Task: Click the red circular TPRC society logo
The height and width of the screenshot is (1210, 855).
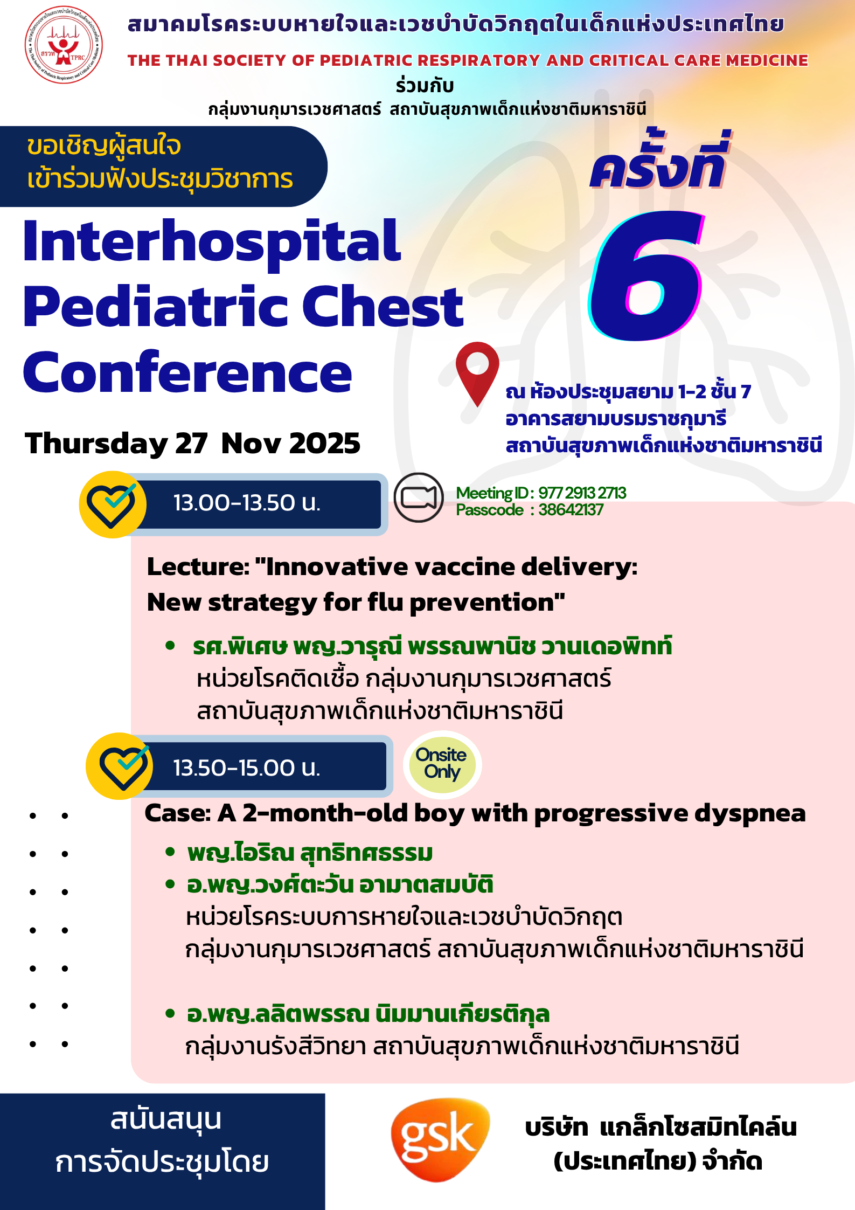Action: pyautogui.click(x=64, y=45)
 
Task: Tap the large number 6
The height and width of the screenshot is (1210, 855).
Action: pyautogui.click(x=647, y=276)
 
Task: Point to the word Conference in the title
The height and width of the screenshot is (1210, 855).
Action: pyautogui.click(x=187, y=373)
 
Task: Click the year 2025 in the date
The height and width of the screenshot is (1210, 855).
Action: pyautogui.click(x=325, y=444)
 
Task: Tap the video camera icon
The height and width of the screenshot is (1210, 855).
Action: pyautogui.click(x=419, y=497)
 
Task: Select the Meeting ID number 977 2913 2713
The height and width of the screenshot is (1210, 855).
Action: pyautogui.click(x=582, y=493)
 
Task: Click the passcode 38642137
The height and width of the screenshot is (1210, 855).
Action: pyautogui.click(x=571, y=510)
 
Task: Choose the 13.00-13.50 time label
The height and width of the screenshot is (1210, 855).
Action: pyautogui.click(x=247, y=503)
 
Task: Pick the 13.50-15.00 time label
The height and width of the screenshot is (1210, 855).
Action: pyautogui.click(x=247, y=768)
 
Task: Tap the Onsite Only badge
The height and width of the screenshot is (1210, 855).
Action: pyautogui.click(x=442, y=764)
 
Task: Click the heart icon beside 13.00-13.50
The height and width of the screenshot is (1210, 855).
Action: pyautogui.click(x=113, y=504)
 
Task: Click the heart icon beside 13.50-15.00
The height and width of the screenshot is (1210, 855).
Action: pyautogui.click(x=120, y=766)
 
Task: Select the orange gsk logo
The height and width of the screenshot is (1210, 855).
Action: pyautogui.click(x=440, y=1139)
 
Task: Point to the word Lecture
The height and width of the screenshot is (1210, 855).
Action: pyautogui.click(x=198, y=567)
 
